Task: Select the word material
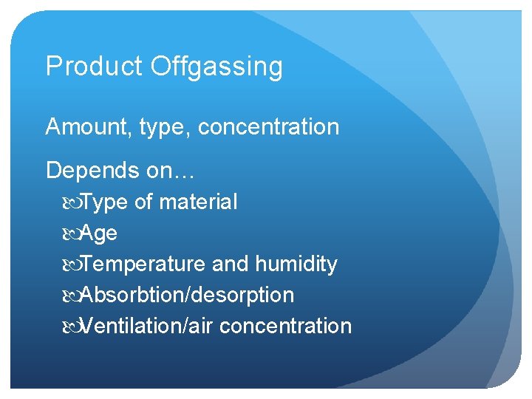[198, 202]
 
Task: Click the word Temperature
[143, 265]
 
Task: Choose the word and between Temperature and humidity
[230, 264]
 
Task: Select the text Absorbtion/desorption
[187, 296]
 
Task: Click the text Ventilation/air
[147, 326]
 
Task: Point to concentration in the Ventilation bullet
[285, 326]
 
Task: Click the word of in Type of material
[143, 202]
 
